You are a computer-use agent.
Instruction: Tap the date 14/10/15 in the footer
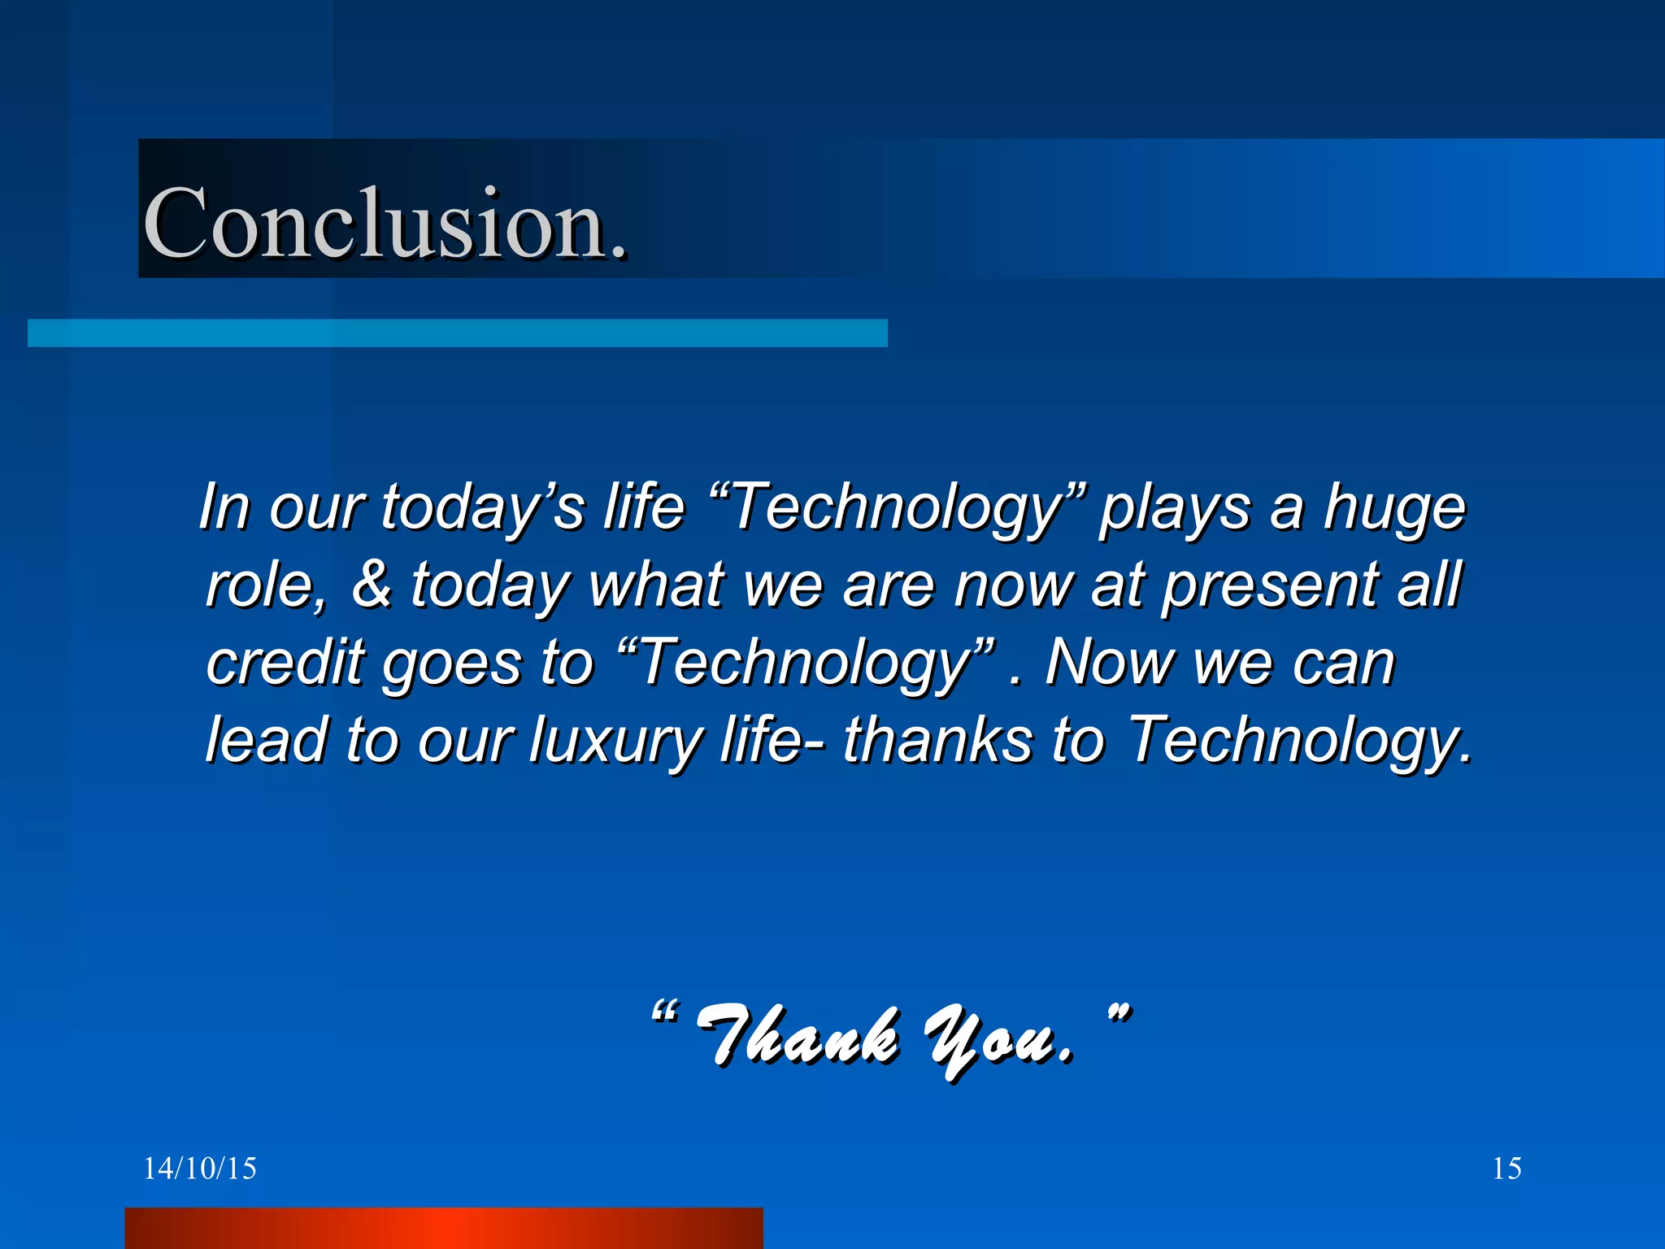[x=200, y=1168]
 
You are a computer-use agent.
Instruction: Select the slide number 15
[x=1506, y=1168]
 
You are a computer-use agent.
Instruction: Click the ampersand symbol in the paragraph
[x=371, y=584]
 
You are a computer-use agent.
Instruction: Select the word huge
[x=1393, y=508]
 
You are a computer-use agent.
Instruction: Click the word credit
[x=285, y=662]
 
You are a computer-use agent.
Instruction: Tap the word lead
[x=265, y=740]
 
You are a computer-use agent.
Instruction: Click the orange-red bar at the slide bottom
[x=443, y=1228]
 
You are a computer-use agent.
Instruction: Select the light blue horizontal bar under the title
[x=457, y=333]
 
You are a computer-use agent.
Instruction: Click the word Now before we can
[x=1109, y=662]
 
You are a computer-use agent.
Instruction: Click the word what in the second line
[x=655, y=584]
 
